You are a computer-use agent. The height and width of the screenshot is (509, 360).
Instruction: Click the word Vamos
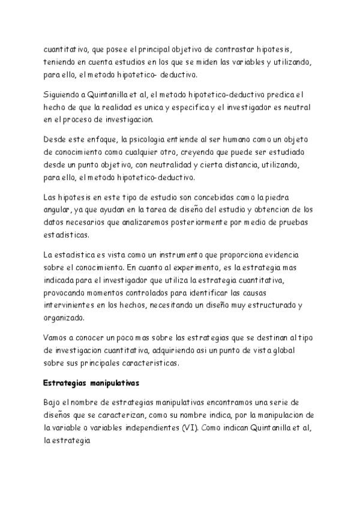[x=58, y=337]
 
